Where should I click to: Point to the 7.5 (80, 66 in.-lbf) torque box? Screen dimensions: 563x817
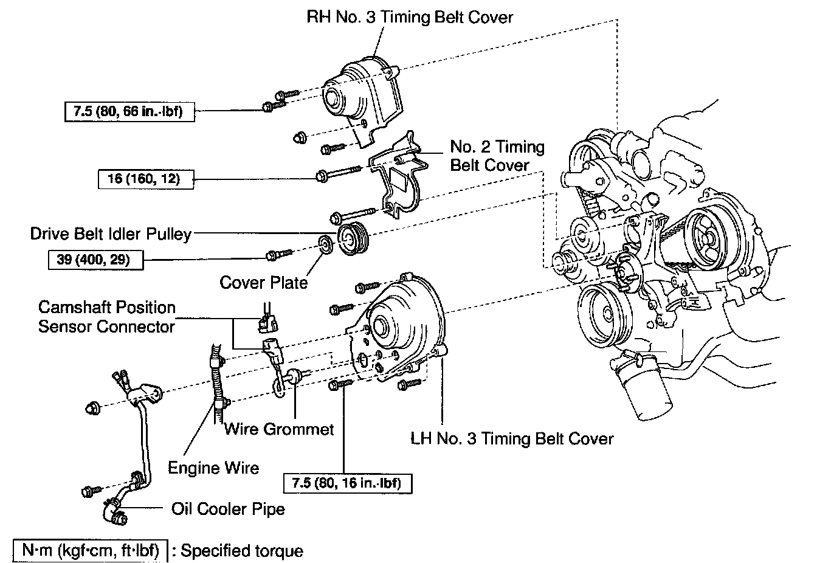pyautogui.click(x=129, y=112)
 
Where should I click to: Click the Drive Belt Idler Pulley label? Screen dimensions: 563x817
pyautogui.click(x=111, y=233)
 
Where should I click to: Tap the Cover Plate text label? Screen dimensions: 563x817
pyautogui.click(x=263, y=283)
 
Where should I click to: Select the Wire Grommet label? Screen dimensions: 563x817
pyautogui.click(x=279, y=429)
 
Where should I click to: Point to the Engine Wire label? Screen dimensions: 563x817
pyautogui.click(x=213, y=468)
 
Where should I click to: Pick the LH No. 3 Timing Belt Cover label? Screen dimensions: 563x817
pyautogui.click(x=512, y=438)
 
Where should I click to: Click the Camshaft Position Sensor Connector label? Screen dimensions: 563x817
pyautogui.click(x=107, y=317)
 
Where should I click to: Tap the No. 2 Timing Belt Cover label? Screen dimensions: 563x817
pyautogui.click(x=497, y=156)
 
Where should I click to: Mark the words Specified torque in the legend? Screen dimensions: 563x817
pyautogui.click(x=242, y=551)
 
